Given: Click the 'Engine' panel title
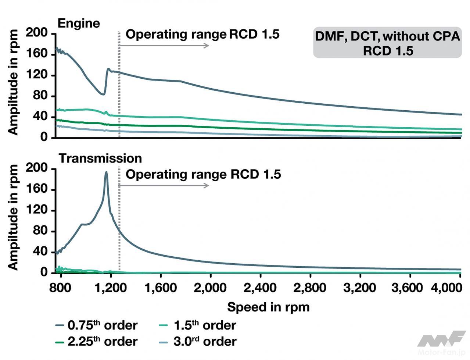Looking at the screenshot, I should [79, 24].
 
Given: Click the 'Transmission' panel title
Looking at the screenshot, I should [100, 158].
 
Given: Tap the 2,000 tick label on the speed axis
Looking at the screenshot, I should [210, 288].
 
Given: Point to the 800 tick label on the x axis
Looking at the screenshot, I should [60, 288].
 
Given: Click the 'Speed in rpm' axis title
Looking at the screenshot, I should [268, 307].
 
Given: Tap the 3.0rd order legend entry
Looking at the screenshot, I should [198, 342].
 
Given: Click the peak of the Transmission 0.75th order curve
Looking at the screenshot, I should [106, 172].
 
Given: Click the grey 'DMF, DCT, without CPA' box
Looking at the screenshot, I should [387, 43].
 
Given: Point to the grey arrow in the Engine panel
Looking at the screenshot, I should [164, 46].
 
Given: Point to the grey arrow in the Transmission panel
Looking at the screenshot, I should [164, 185].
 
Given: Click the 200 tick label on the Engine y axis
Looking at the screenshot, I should [37, 33].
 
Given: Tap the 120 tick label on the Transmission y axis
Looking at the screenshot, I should [37, 210].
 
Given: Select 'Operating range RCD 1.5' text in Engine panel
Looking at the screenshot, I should [202, 35].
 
